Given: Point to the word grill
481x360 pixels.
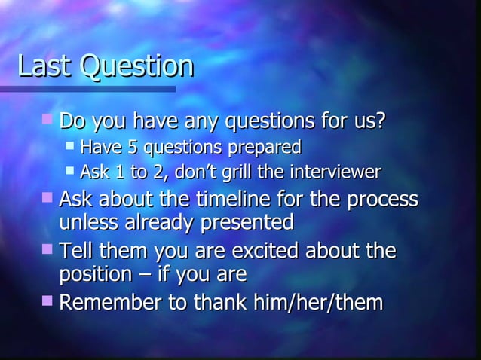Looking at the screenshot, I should coord(236,172).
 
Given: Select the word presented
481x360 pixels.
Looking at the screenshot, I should coord(246,224).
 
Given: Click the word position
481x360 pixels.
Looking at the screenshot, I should coord(93,274).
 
